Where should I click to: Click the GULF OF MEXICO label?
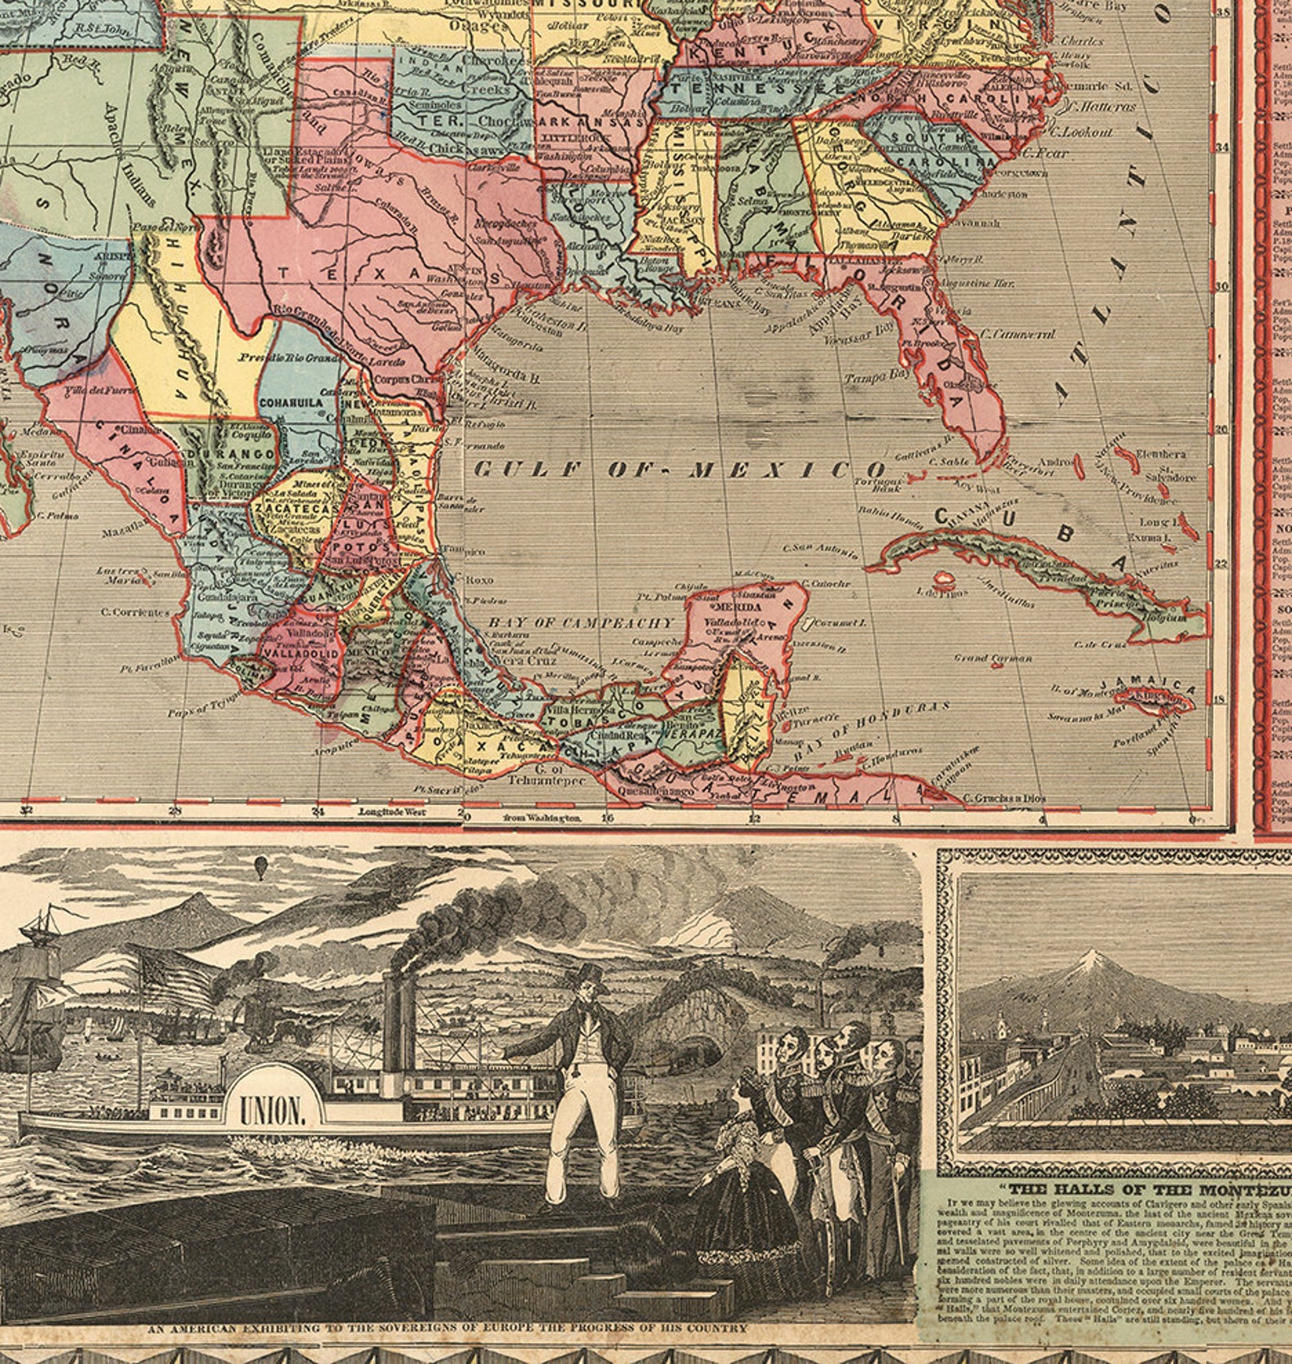point(679,470)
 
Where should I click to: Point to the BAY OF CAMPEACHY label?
point(582,623)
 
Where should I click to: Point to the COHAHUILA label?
point(292,401)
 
